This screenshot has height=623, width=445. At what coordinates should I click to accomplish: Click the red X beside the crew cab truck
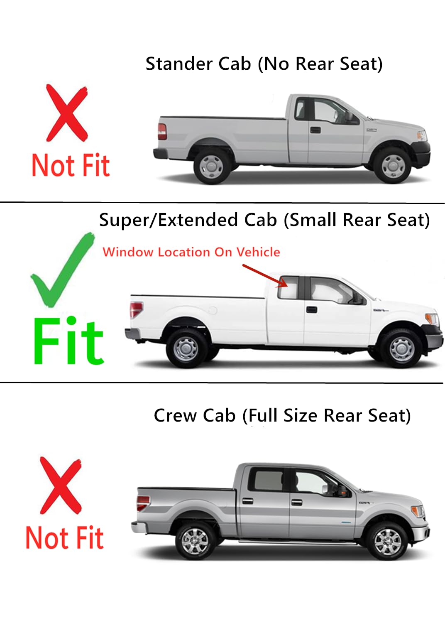pyautogui.click(x=61, y=485)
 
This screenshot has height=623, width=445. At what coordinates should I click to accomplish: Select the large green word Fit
pyautogui.click(x=68, y=341)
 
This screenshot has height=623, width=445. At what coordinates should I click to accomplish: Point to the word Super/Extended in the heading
pyautogui.click(x=188, y=220)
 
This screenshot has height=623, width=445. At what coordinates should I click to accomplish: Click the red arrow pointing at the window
pyautogui.click(x=265, y=275)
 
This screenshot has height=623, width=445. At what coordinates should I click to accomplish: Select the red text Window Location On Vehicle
pyautogui.click(x=191, y=252)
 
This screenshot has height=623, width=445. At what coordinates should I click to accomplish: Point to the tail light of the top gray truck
pyautogui.click(x=162, y=132)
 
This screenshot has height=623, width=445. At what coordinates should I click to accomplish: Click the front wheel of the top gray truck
pyautogui.click(x=393, y=165)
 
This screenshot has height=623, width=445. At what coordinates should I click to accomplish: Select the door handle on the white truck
pyautogui.click(x=311, y=309)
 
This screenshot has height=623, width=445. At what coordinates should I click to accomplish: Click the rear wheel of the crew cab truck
pyautogui.click(x=195, y=541)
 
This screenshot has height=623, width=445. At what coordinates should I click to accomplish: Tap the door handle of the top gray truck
pyautogui.click(x=315, y=130)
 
